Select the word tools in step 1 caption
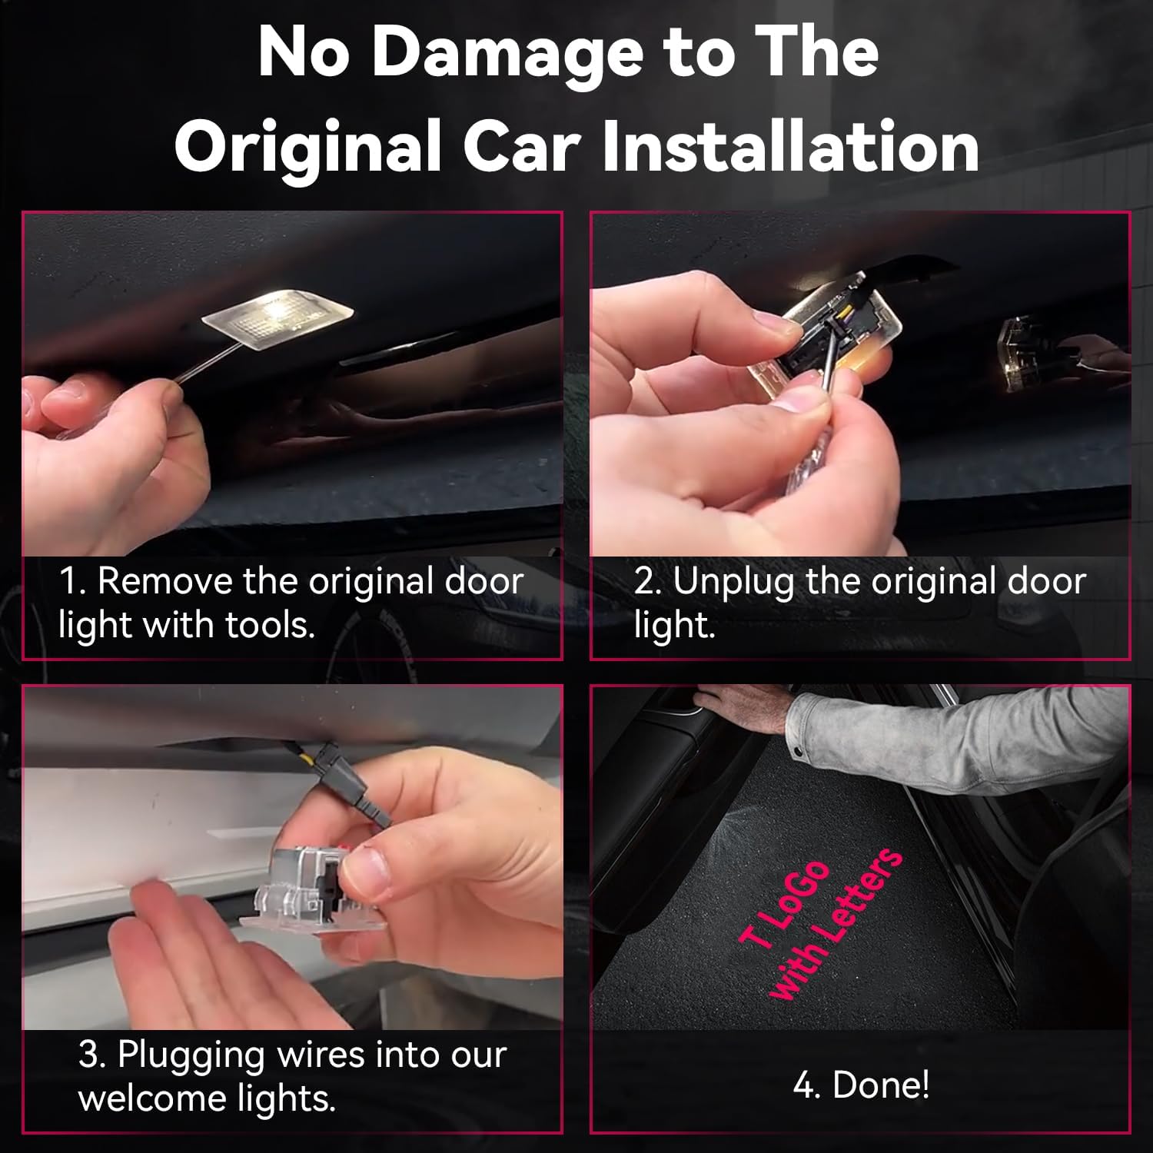tap(270, 626)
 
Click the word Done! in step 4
tap(881, 1085)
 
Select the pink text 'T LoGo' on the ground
tap(785, 904)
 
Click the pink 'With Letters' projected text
tap(836, 924)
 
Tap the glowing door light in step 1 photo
tap(277, 314)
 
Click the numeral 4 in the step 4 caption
tap(802, 1085)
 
